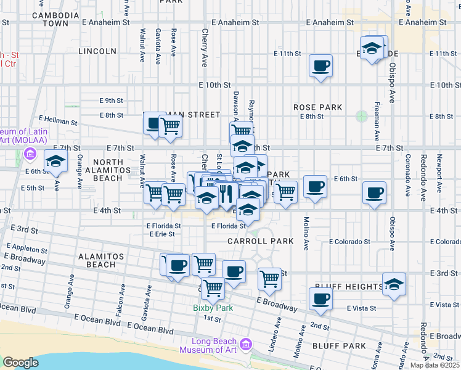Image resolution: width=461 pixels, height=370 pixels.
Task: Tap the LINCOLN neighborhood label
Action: [98, 51]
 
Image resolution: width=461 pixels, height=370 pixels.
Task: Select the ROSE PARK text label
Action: [317, 107]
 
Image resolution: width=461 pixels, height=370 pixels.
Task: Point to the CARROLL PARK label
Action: [260, 241]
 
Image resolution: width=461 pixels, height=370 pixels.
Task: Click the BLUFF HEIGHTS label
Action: [348, 287]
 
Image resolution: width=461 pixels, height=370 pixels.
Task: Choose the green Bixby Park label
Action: [206, 307]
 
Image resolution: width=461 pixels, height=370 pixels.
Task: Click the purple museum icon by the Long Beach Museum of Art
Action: [247, 343]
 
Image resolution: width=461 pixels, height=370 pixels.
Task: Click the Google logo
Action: [21, 363]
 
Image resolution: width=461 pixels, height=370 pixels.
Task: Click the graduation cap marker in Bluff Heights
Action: [394, 284]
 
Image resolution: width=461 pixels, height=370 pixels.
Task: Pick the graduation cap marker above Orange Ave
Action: [56, 162]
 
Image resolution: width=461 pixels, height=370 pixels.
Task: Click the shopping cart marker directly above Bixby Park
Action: [213, 287]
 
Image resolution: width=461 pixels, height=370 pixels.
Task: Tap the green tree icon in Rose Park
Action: [361, 115]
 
